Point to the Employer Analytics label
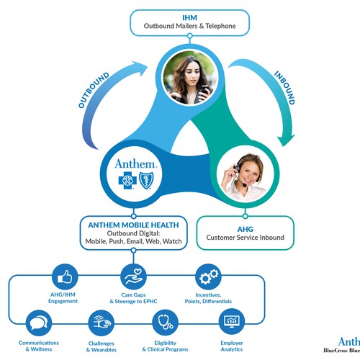[x=232, y=348]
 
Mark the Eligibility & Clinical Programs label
[x=166, y=348]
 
